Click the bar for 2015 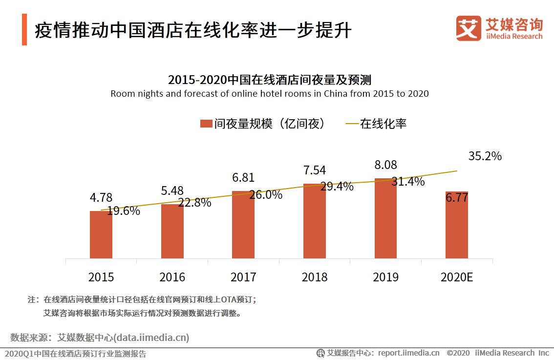click(x=101, y=234)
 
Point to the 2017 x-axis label click(x=243, y=277)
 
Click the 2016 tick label click(x=172, y=277)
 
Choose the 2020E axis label click(x=457, y=277)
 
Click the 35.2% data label click(x=485, y=156)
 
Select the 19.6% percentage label click(x=124, y=211)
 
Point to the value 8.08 click(x=385, y=165)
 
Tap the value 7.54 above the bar click(x=314, y=170)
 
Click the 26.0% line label click(x=266, y=195)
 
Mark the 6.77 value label click(x=457, y=198)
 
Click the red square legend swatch click(x=206, y=124)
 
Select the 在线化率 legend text click(x=383, y=124)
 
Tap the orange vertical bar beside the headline click(x=24, y=30)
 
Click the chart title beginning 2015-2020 click(x=270, y=80)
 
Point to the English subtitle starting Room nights click(x=269, y=94)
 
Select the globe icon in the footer click(x=320, y=353)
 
